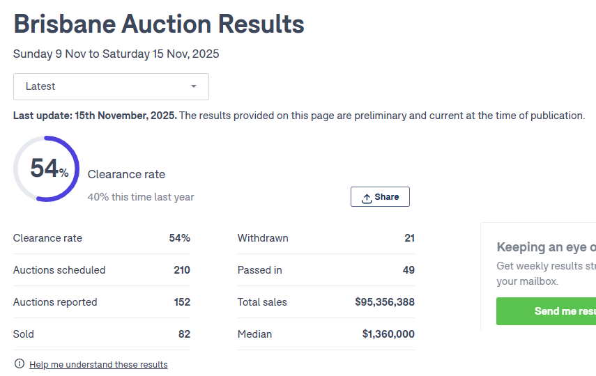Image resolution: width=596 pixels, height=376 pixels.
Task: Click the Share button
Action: click(380, 197)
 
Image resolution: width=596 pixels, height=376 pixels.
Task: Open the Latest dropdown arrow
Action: click(194, 86)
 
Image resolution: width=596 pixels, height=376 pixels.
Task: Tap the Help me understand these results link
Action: click(98, 364)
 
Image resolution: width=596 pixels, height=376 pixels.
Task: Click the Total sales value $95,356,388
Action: click(385, 302)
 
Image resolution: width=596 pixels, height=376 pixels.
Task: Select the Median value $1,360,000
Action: click(388, 334)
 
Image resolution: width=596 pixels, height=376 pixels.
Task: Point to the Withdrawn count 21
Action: click(409, 238)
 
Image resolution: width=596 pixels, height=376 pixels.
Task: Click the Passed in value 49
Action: click(408, 270)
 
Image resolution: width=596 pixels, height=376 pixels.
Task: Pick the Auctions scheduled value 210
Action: click(182, 270)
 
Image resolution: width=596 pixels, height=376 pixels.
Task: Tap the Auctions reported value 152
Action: click(182, 302)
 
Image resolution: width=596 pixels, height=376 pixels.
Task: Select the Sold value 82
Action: click(184, 334)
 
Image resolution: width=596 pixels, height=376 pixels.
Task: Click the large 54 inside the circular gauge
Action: click(44, 169)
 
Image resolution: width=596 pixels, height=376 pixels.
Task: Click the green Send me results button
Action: click(547, 311)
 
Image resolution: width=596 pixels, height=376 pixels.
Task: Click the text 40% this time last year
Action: click(141, 197)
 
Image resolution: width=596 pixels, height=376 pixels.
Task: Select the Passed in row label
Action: click(260, 270)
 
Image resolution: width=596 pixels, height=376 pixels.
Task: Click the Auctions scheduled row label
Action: click(59, 270)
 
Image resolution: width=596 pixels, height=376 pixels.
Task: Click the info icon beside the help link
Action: click(20, 364)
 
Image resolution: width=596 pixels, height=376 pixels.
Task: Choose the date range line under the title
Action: click(116, 54)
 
